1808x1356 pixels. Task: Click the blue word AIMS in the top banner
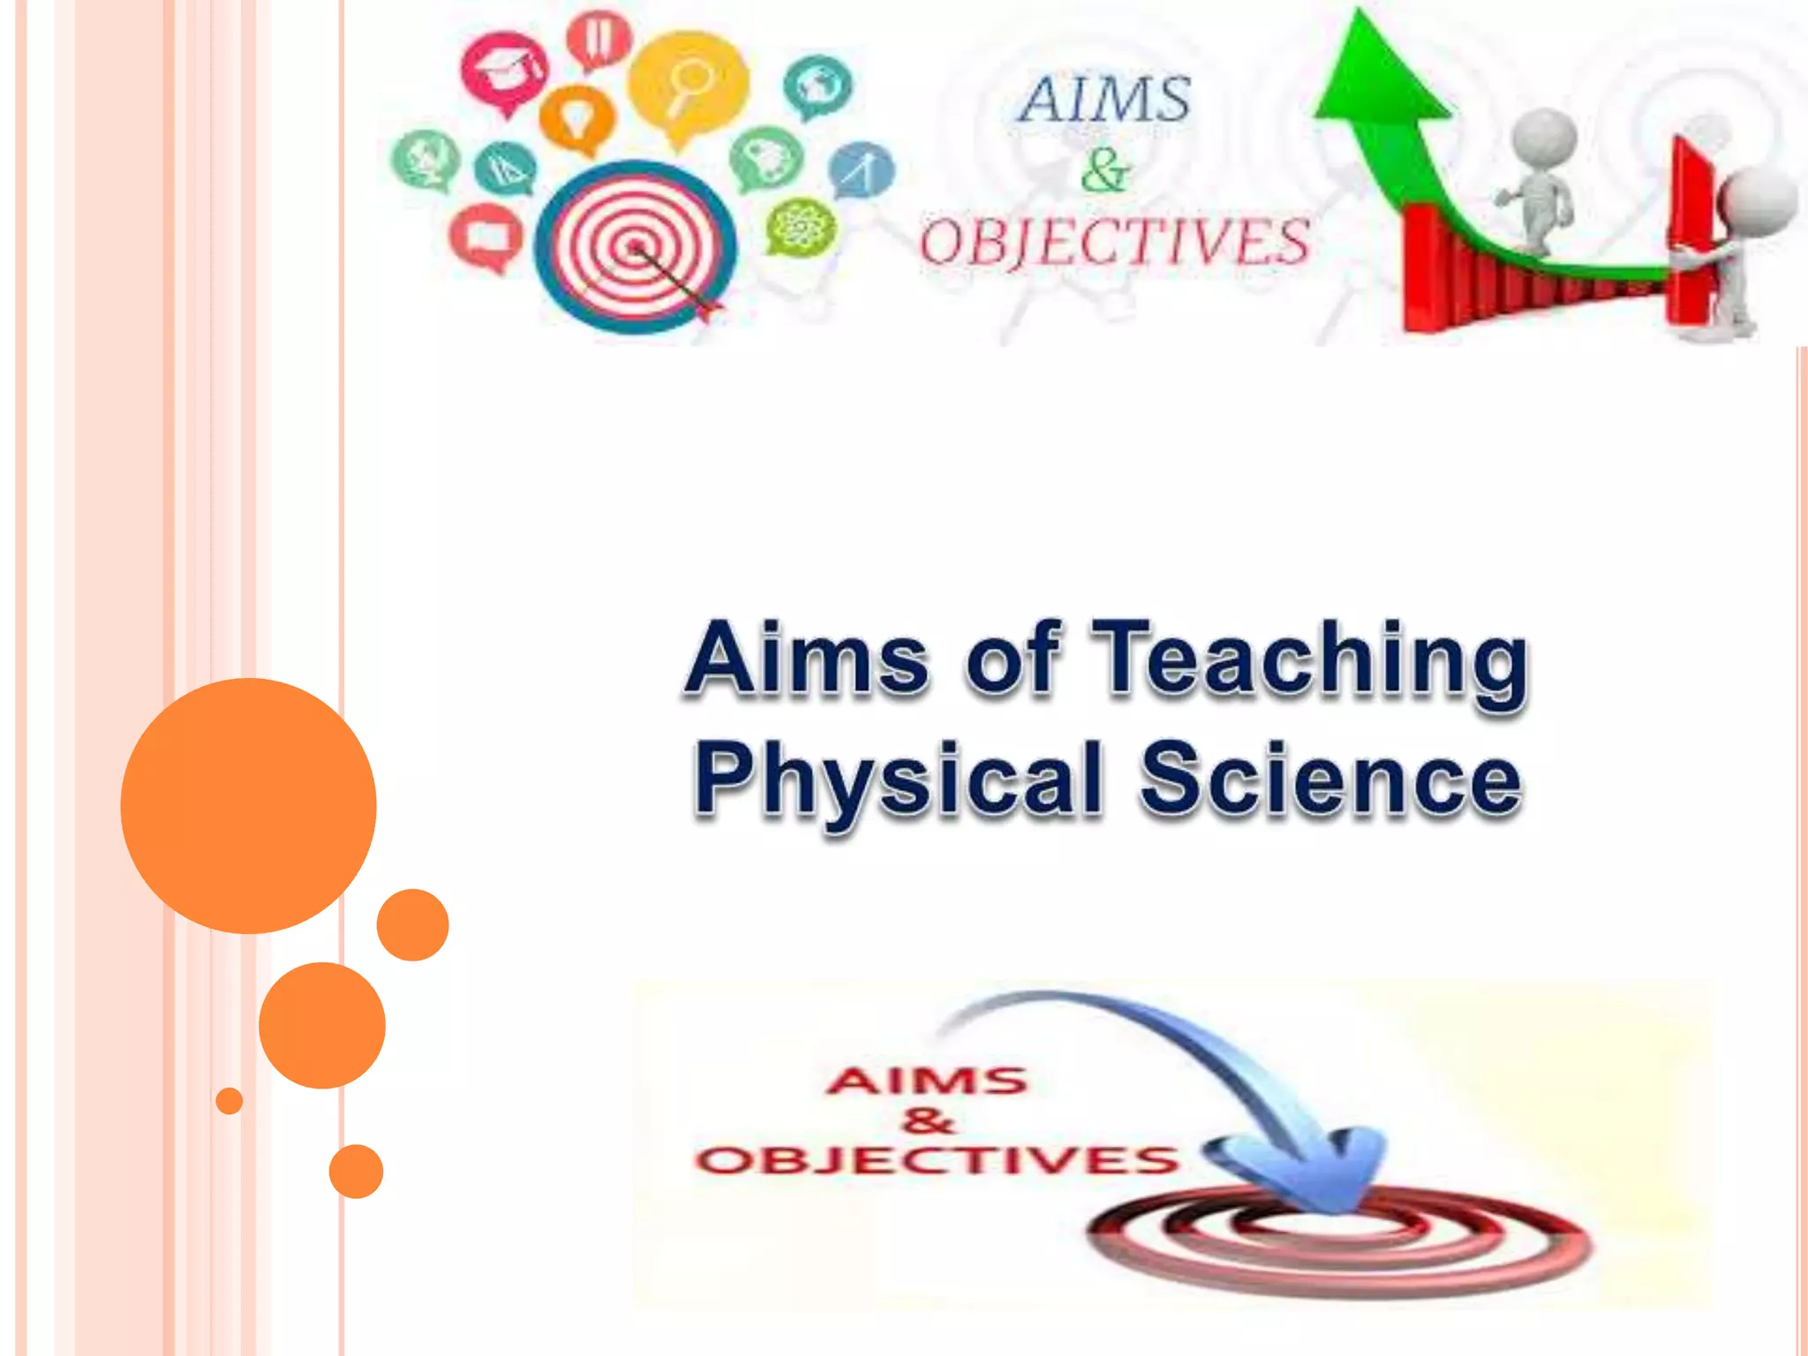coord(1104,99)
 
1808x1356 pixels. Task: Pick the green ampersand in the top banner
coord(1104,170)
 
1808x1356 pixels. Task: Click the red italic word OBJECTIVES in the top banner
coord(1114,242)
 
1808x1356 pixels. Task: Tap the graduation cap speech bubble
coord(504,71)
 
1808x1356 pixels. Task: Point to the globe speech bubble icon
coord(817,86)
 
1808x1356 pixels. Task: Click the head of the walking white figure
coord(1544,137)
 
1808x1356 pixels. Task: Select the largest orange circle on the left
coord(248,805)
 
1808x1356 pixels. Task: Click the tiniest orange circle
coord(229,1101)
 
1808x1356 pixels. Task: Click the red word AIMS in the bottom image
coord(927,1081)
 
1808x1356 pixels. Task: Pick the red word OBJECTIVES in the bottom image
coord(936,1160)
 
